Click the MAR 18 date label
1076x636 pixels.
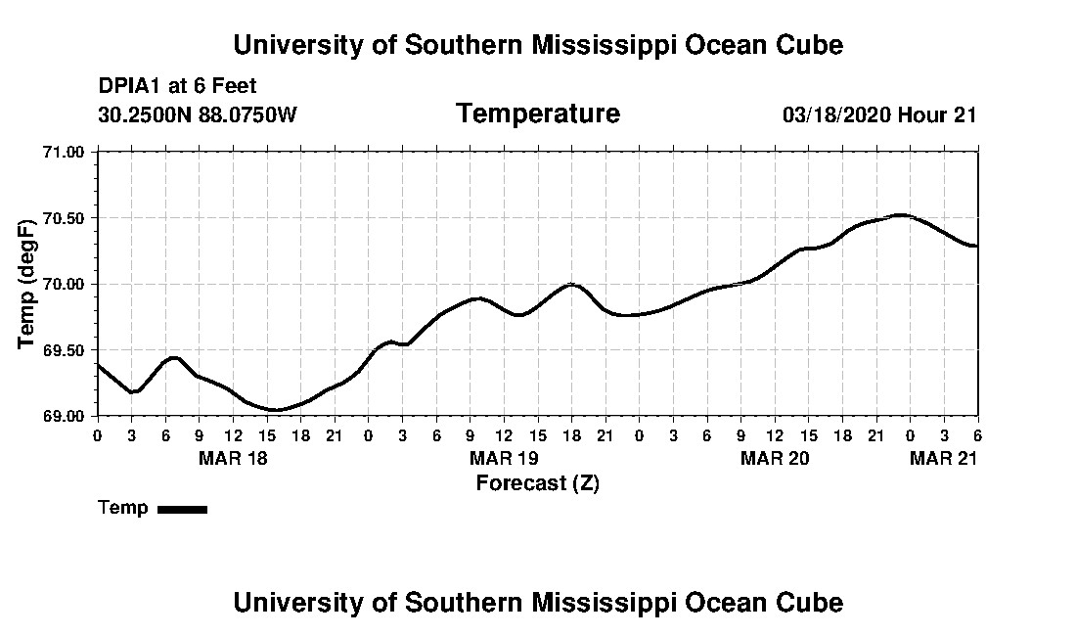tap(233, 458)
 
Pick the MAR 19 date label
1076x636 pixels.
tap(504, 458)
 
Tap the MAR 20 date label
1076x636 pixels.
tap(775, 458)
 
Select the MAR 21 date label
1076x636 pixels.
tap(944, 458)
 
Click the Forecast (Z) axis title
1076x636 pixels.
tap(537, 483)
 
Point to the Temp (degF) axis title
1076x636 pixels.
tap(27, 284)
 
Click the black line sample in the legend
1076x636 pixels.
tap(182, 509)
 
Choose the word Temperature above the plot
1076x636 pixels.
tap(537, 114)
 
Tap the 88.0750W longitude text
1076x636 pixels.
tap(247, 114)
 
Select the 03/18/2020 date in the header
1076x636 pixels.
tap(835, 114)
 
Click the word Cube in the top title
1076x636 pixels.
tap(806, 45)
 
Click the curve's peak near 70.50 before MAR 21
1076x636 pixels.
tap(901, 215)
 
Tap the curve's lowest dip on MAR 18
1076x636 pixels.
tap(276, 410)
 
